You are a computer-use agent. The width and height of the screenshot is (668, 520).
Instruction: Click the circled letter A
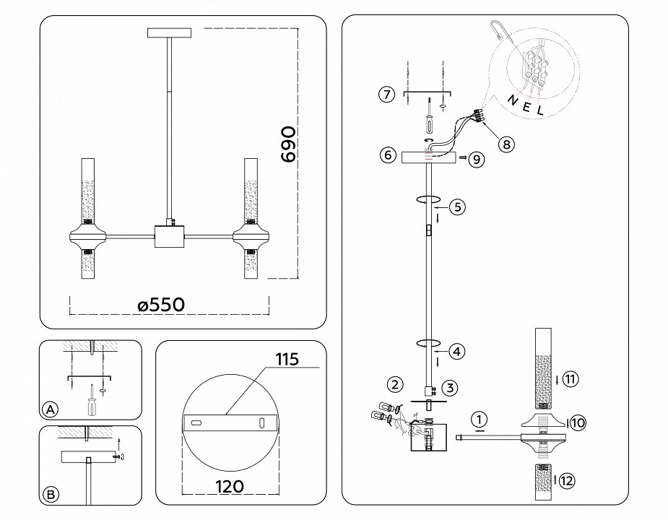click(x=50, y=409)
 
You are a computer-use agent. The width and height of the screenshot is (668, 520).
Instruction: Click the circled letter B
click(x=50, y=495)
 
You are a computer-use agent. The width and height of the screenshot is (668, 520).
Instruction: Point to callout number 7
click(x=387, y=95)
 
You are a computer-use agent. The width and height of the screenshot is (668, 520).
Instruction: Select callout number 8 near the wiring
click(x=507, y=144)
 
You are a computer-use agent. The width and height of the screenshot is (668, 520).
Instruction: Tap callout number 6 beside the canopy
click(x=387, y=155)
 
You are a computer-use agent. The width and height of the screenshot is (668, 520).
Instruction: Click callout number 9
click(x=475, y=160)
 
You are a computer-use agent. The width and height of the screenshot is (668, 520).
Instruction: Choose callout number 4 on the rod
click(x=456, y=352)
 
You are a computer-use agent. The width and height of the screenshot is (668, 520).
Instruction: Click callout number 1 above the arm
click(x=477, y=418)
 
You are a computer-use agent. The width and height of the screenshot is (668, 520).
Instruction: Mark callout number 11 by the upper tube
click(x=571, y=379)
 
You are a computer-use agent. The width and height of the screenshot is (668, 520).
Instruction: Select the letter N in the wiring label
click(x=512, y=100)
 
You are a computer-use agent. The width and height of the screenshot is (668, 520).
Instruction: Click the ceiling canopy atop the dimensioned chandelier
click(x=170, y=32)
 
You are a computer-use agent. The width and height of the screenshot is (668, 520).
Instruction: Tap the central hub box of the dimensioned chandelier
click(x=170, y=236)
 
